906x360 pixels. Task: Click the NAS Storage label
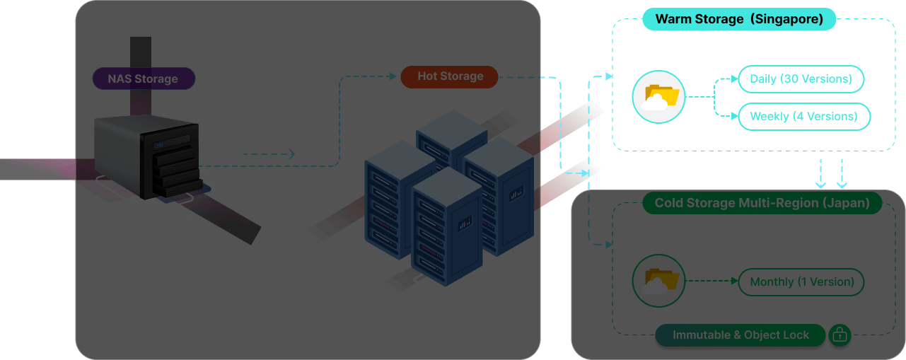(x=143, y=79)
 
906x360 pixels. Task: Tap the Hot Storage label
(x=450, y=76)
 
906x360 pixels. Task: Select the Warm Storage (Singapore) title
(x=739, y=19)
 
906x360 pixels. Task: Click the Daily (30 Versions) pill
(x=801, y=79)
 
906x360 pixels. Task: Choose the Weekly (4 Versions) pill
(x=803, y=117)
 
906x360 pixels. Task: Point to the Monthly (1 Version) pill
(x=801, y=282)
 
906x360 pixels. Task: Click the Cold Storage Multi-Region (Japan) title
(x=762, y=203)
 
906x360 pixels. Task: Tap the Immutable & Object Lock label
(x=741, y=335)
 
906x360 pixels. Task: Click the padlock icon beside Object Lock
(x=840, y=335)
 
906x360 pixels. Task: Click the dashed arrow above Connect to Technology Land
(x=269, y=154)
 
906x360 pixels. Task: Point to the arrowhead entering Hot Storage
(x=392, y=76)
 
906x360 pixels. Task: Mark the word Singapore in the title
(x=786, y=19)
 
